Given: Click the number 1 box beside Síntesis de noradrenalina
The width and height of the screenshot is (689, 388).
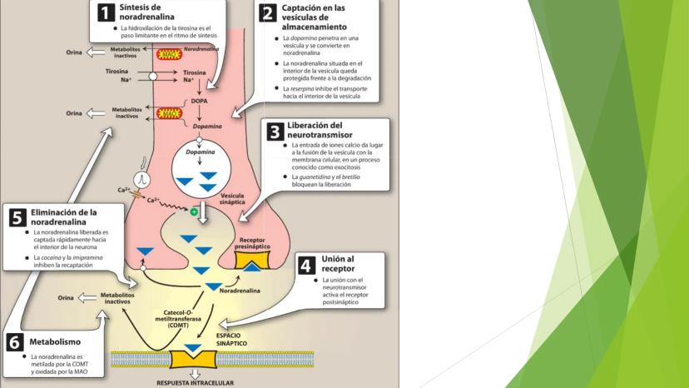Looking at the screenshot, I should point(104,12).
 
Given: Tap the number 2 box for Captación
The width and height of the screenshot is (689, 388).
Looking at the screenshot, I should point(268,12).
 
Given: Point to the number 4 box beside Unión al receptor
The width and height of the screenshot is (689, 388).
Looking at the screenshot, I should point(306,265).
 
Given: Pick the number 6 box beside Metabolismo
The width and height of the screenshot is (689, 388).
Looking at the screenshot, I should point(15,342).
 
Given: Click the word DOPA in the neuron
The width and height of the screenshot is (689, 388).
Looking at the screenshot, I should point(199,101).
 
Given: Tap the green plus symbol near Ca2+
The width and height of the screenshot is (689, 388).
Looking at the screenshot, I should point(194,212).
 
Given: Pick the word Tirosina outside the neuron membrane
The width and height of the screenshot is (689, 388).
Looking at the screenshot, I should point(116,72).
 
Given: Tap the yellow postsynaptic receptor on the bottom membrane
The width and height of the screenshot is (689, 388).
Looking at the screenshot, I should point(194,360).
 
